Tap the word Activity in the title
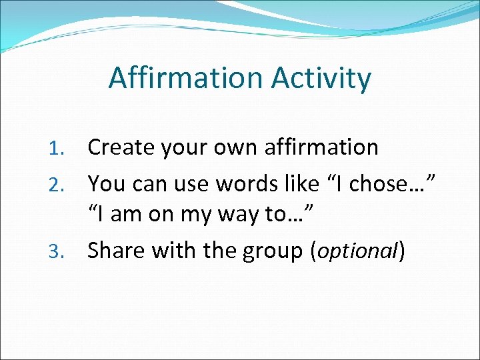click(321, 78)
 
